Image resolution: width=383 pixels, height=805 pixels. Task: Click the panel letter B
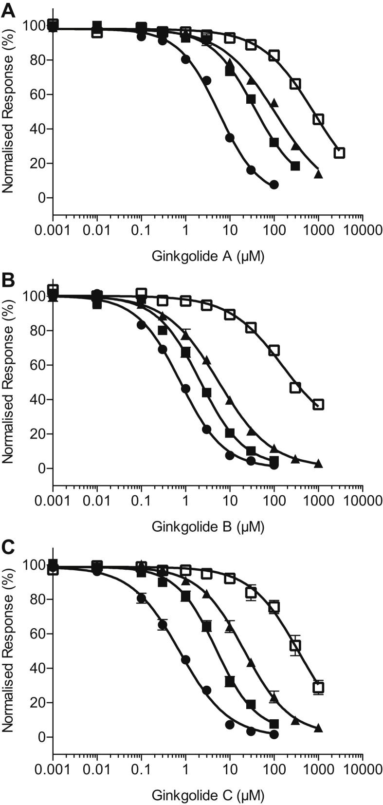pyautogui.click(x=8, y=281)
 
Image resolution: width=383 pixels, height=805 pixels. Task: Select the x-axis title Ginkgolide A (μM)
pyautogui.click(x=208, y=256)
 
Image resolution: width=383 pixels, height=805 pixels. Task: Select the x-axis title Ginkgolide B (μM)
pyautogui.click(x=208, y=526)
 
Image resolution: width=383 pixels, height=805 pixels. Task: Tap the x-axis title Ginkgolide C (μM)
pyautogui.click(x=208, y=796)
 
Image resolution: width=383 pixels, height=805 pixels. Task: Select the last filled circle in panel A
pyautogui.click(x=274, y=185)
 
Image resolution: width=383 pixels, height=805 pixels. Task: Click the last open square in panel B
pyautogui.click(x=318, y=405)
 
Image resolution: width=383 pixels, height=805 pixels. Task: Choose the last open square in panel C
pyautogui.click(x=318, y=688)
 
